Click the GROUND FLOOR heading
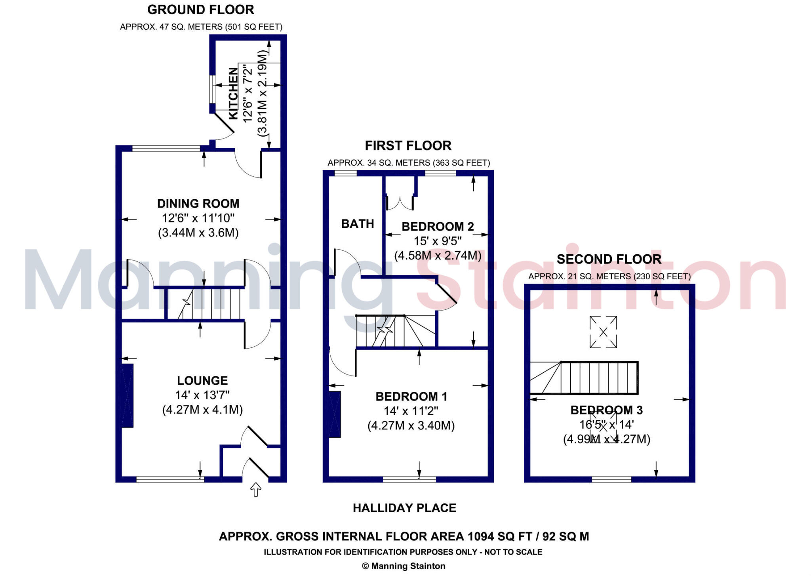click(x=200, y=10)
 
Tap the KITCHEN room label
click(x=234, y=93)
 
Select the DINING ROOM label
click(x=198, y=204)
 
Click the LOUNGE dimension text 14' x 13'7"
click(x=202, y=395)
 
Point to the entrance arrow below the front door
click(x=256, y=490)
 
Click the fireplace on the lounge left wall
click(x=128, y=396)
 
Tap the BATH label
click(x=358, y=224)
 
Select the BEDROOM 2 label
click(x=438, y=227)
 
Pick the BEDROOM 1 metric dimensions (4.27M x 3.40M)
click(x=411, y=425)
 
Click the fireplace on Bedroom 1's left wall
click(x=335, y=414)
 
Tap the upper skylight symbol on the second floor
click(x=603, y=332)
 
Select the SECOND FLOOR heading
click(x=609, y=259)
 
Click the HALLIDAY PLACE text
click(x=404, y=508)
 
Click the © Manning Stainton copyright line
click(x=404, y=566)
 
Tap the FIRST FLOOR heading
click(x=408, y=146)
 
